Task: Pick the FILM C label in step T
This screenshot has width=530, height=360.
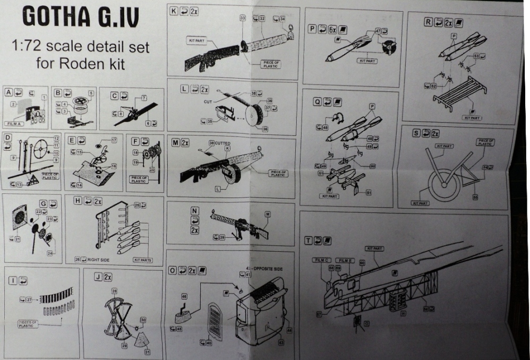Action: (323, 260)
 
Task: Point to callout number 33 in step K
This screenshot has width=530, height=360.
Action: (243, 18)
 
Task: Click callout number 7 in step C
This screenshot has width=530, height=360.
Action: (143, 98)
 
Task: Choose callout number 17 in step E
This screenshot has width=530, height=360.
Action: (114, 140)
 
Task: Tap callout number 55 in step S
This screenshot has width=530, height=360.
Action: (475, 197)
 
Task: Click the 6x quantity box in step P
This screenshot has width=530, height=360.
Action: (332, 30)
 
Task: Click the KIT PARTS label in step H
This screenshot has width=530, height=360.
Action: (143, 260)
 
